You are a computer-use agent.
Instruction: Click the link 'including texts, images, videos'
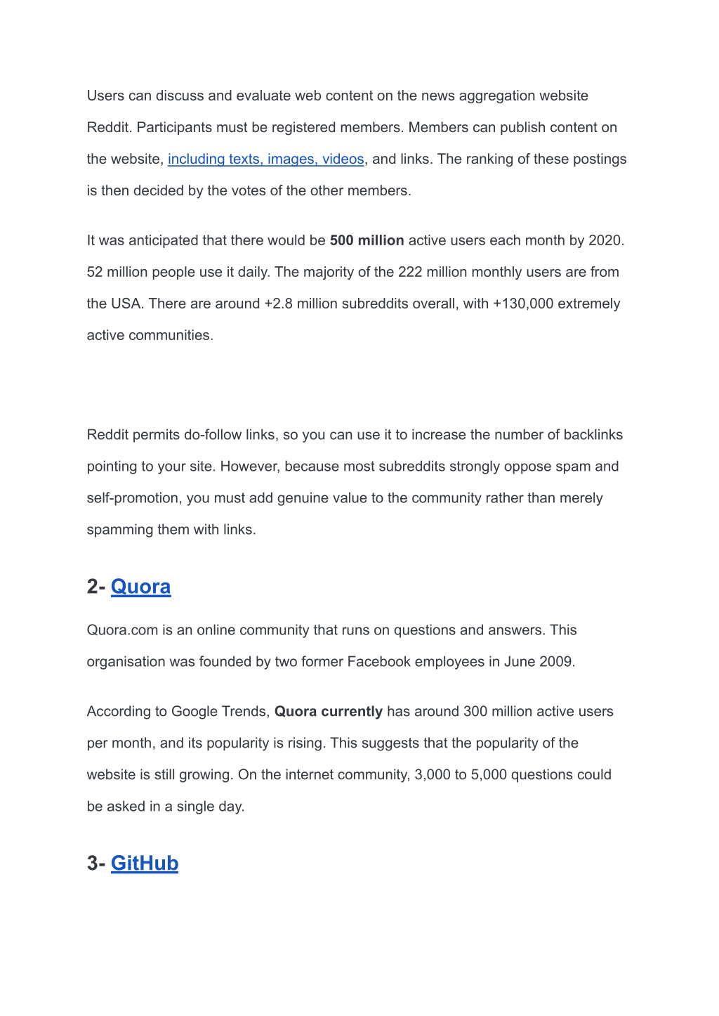tap(265, 159)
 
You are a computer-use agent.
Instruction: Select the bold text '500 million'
tap(367, 240)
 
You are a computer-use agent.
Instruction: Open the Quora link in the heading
tap(140, 587)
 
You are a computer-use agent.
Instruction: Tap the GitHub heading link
tap(145, 863)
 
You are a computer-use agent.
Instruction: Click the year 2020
tap(605, 240)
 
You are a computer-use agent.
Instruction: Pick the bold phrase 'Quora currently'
tap(329, 712)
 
